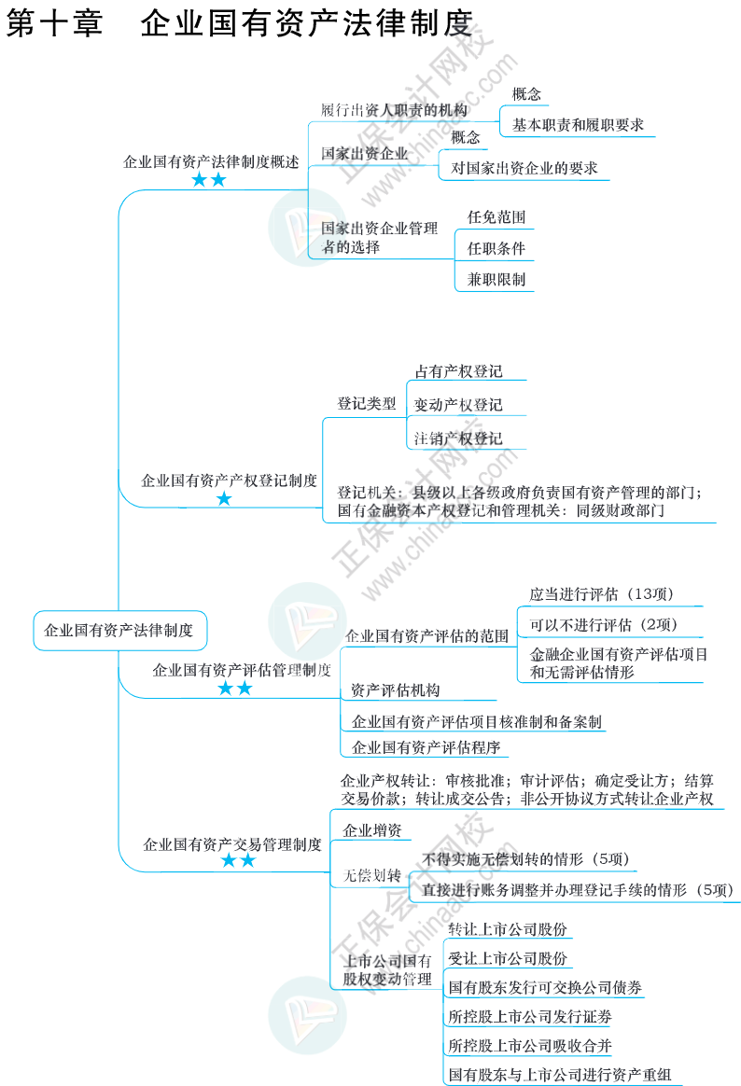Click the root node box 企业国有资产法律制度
click(x=119, y=630)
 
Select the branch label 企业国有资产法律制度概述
click(x=212, y=161)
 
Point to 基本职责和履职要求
click(x=578, y=124)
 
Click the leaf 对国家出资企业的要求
click(x=524, y=169)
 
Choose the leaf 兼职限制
click(x=496, y=279)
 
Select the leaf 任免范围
click(x=496, y=217)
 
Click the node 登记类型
click(x=367, y=404)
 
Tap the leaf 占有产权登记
click(x=458, y=371)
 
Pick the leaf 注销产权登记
click(x=458, y=439)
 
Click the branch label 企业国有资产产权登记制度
click(x=230, y=481)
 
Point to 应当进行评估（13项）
click(x=602, y=593)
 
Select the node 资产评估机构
click(x=396, y=690)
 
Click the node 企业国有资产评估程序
click(x=426, y=746)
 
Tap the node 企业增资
click(x=372, y=830)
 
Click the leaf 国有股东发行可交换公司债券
click(x=545, y=987)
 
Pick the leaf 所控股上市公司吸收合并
click(x=530, y=1045)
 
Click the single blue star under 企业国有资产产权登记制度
click(x=224, y=499)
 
